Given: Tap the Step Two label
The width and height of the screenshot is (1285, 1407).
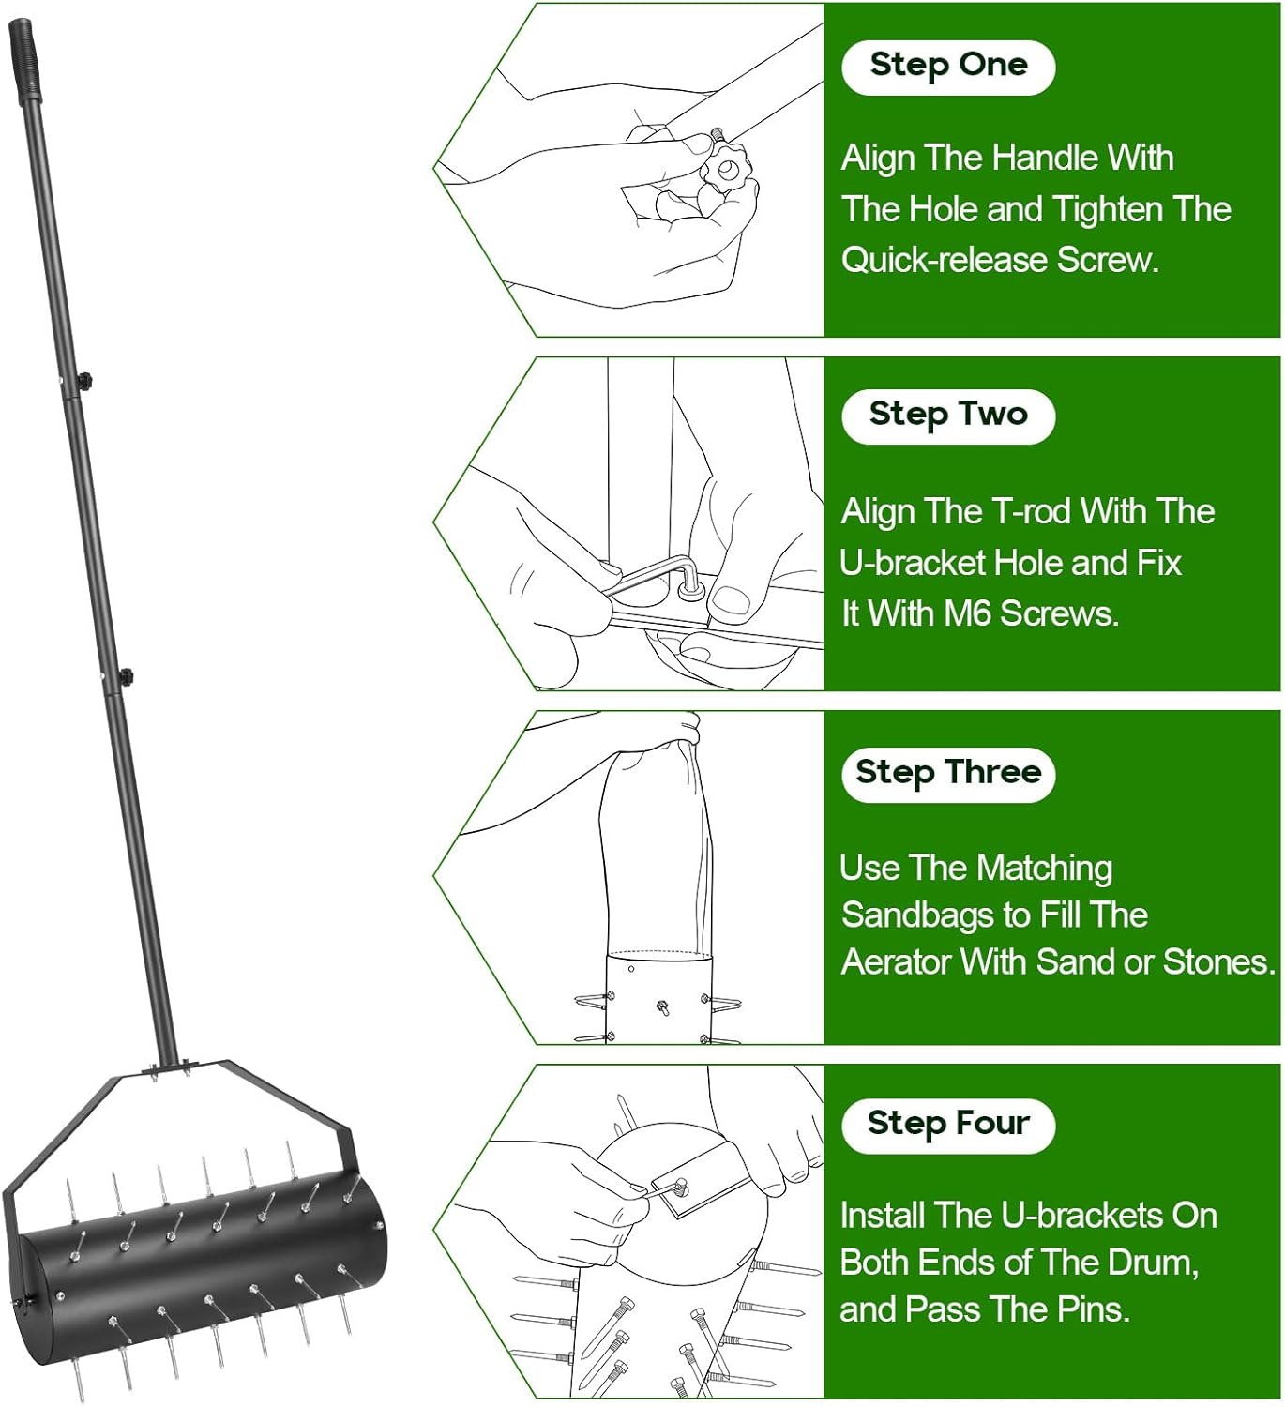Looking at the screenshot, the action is coord(948,416).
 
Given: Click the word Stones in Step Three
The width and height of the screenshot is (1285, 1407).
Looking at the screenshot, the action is coord(1217,961).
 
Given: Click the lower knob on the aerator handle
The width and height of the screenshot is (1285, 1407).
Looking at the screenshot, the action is coord(126,677).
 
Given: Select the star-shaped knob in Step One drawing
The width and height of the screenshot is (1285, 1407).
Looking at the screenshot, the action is coord(725,169).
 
